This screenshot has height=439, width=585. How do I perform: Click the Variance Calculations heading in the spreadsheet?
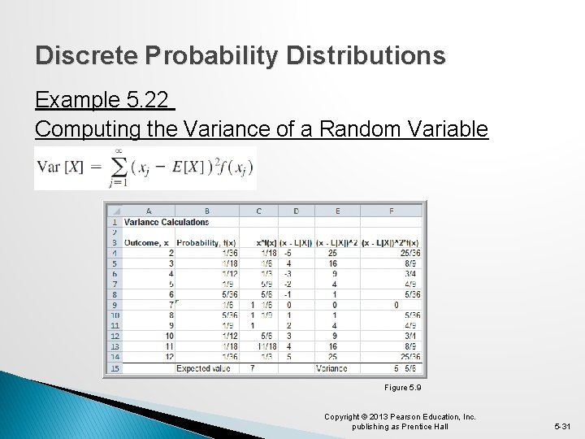(x=167, y=222)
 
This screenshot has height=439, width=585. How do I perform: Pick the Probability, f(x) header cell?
(x=206, y=242)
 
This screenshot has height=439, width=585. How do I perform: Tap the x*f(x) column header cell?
(x=266, y=242)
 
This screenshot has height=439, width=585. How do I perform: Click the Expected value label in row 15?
(x=203, y=368)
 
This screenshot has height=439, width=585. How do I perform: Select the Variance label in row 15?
(x=331, y=368)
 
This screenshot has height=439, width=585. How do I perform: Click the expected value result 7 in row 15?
(x=252, y=368)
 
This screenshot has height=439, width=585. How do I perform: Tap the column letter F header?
(x=391, y=211)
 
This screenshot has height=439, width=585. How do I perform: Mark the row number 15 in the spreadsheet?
(x=115, y=368)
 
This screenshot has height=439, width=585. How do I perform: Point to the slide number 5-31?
(x=562, y=425)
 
